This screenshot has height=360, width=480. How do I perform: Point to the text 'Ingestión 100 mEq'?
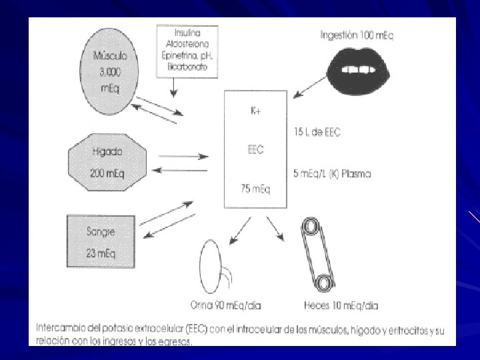(x=357, y=35)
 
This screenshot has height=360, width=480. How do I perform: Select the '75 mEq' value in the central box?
(x=255, y=189)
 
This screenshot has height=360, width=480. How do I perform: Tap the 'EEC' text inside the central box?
(x=255, y=150)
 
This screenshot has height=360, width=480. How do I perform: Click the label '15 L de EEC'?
(x=317, y=132)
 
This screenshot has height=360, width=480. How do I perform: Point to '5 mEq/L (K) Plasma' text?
(x=332, y=174)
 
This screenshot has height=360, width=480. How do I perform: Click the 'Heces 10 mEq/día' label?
(x=340, y=306)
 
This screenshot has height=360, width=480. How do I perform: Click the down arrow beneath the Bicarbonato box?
(x=174, y=87)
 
